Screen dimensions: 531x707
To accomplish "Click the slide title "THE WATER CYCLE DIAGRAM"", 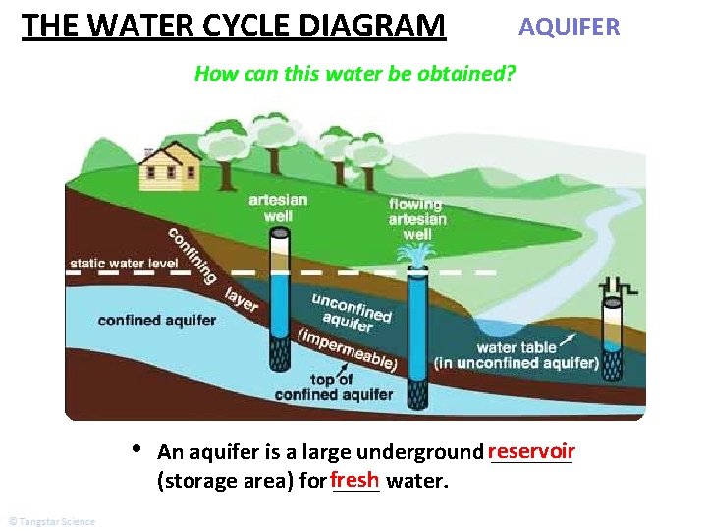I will (233, 25).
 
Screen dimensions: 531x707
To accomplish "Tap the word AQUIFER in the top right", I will (569, 27).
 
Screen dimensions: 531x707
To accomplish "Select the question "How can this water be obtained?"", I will (355, 73).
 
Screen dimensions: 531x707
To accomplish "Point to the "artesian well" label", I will (278, 206).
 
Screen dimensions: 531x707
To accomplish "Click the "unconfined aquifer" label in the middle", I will (352, 313).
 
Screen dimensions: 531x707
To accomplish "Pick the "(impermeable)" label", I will (346, 346).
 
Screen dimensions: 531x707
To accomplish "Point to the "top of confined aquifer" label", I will (334, 387).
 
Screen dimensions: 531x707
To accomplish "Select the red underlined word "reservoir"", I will (530, 451).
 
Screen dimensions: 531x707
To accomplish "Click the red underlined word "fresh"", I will (354, 480).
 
